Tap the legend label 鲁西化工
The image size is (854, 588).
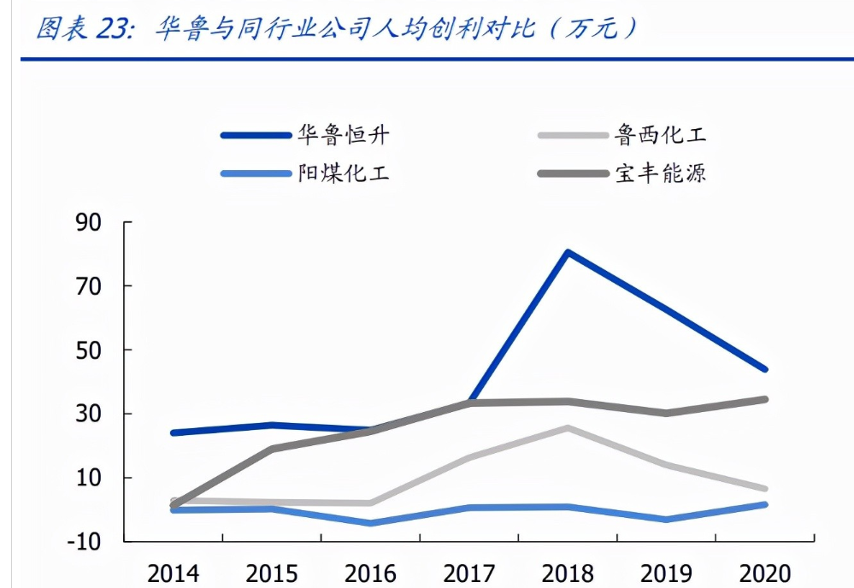tap(661, 134)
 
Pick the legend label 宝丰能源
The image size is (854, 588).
tap(661, 173)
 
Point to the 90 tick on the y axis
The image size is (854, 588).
tap(90, 223)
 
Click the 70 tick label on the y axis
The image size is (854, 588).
tap(90, 286)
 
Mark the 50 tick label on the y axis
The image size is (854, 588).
tap(90, 350)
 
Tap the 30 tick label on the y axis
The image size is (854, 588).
tap(90, 414)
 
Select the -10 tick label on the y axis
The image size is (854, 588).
tap(85, 542)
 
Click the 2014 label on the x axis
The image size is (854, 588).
tap(174, 573)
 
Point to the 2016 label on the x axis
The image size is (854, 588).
tap(370, 573)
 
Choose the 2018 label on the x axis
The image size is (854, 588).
tap(568, 573)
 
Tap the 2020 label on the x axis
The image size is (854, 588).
tap(763, 573)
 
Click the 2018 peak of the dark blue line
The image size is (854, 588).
tap(567, 252)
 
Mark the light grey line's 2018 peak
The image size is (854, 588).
tap(567, 427)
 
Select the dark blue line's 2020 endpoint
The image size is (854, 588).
tap(765, 370)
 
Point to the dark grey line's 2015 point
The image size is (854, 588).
tap(272, 449)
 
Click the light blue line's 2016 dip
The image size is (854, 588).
tap(370, 523)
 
